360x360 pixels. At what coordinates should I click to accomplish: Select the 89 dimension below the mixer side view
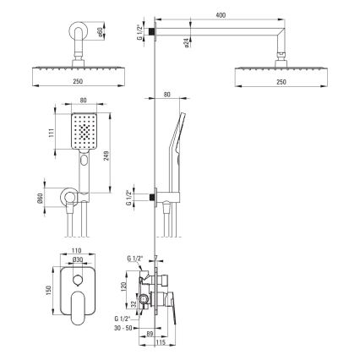150,335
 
